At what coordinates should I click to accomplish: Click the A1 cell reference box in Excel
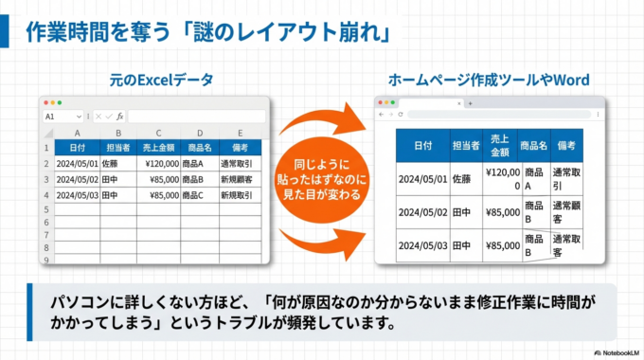(55, 116)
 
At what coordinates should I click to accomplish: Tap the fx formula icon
(118, 116)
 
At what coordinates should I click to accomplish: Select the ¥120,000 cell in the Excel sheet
(158, 163)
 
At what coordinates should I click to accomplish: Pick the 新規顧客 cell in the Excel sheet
(236, 179)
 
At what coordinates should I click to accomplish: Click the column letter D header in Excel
(198, 133)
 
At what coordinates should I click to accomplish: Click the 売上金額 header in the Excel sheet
(158, 148)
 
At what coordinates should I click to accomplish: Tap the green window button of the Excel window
(60, 101)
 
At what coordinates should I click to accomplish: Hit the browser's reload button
(401, 114)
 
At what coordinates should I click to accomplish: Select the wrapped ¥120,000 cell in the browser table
(502, 178)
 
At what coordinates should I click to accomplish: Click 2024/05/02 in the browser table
(421, 212)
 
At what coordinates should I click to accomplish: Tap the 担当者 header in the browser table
(466, 145)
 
